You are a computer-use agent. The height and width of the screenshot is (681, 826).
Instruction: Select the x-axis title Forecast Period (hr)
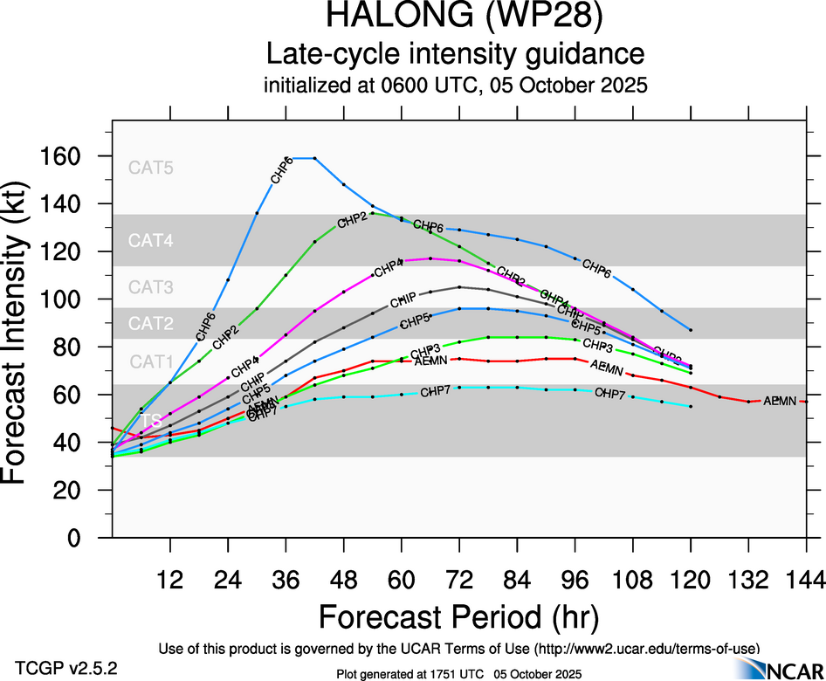pyautogui.click(x=458, y=616)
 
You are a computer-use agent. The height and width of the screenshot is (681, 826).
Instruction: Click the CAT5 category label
pyautogui.click(x=151, y=168)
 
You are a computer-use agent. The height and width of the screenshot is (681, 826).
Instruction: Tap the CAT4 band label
pyautogui.click(x=151, y=240)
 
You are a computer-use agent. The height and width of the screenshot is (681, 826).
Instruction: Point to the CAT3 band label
pyautogui.click(x=151, y=287)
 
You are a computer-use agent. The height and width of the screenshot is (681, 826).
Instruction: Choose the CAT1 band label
pyautogui.click(x=151, y=361)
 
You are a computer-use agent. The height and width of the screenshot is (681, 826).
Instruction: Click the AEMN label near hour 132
pyautogui.click(x=780, y=401)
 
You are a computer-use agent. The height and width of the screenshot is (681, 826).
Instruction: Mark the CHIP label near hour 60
pyautogui.click(x=403, y=300)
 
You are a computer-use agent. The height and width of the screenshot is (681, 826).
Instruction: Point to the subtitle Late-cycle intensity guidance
pyautogui.click(x=455, y=54)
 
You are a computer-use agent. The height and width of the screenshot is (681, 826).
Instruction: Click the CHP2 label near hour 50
pyautogui.click(x=351, y=221)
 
